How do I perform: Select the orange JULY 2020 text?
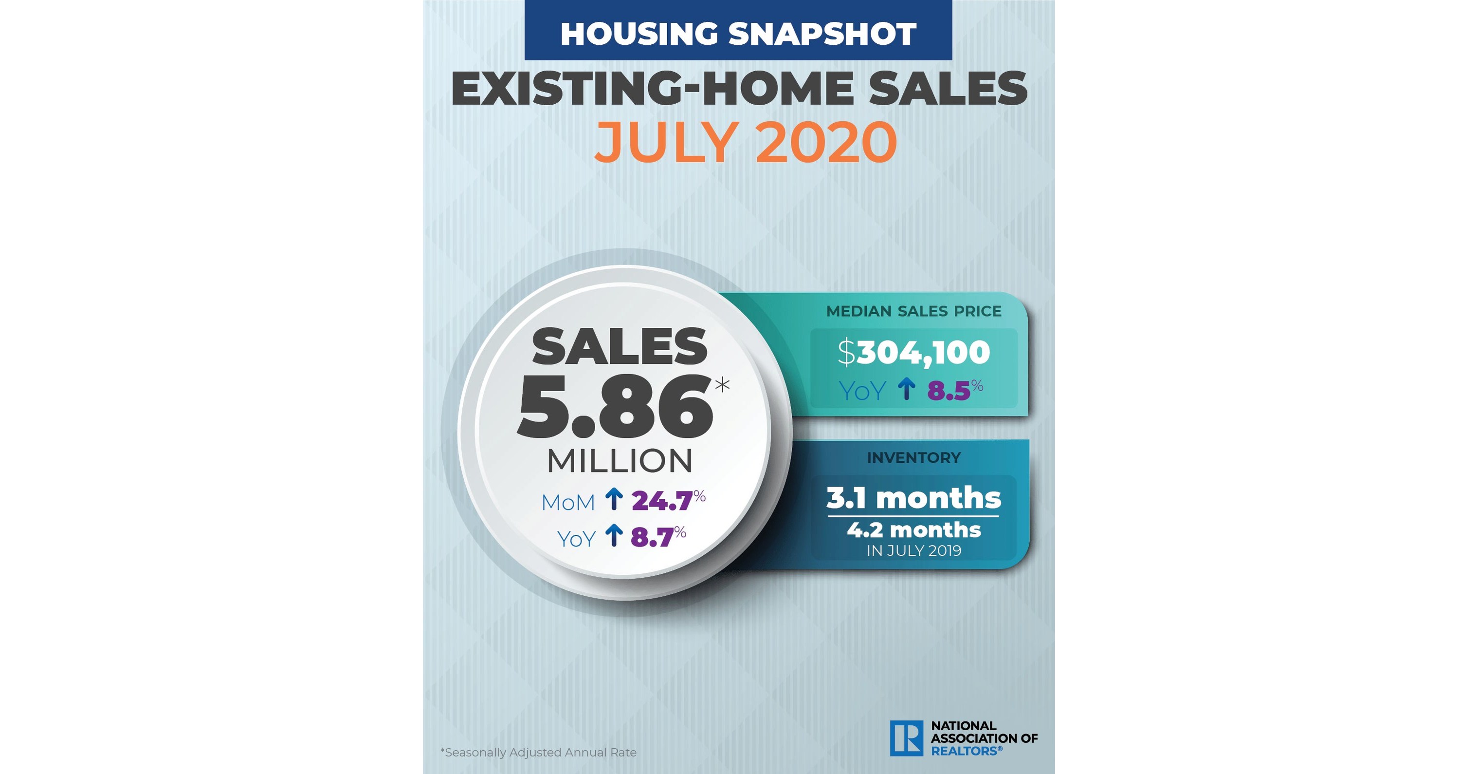[745, 142]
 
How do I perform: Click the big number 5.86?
[615, 408]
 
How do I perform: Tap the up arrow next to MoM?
[614, 500]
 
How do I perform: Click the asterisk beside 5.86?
[722, 384]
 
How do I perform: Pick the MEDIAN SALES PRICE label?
[913, 311]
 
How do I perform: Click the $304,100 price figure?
[913, 352]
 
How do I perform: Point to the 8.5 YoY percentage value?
[949, 391]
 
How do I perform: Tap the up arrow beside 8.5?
[907, 389]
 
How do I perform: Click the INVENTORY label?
[913, 457]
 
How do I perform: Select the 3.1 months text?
[913, 497]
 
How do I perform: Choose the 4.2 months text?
[913, 529]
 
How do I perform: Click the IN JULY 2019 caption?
[913, 550]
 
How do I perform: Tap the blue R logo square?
[907, 738]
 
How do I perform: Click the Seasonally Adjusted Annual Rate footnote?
[538, 752]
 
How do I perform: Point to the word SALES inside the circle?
[620, 346]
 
